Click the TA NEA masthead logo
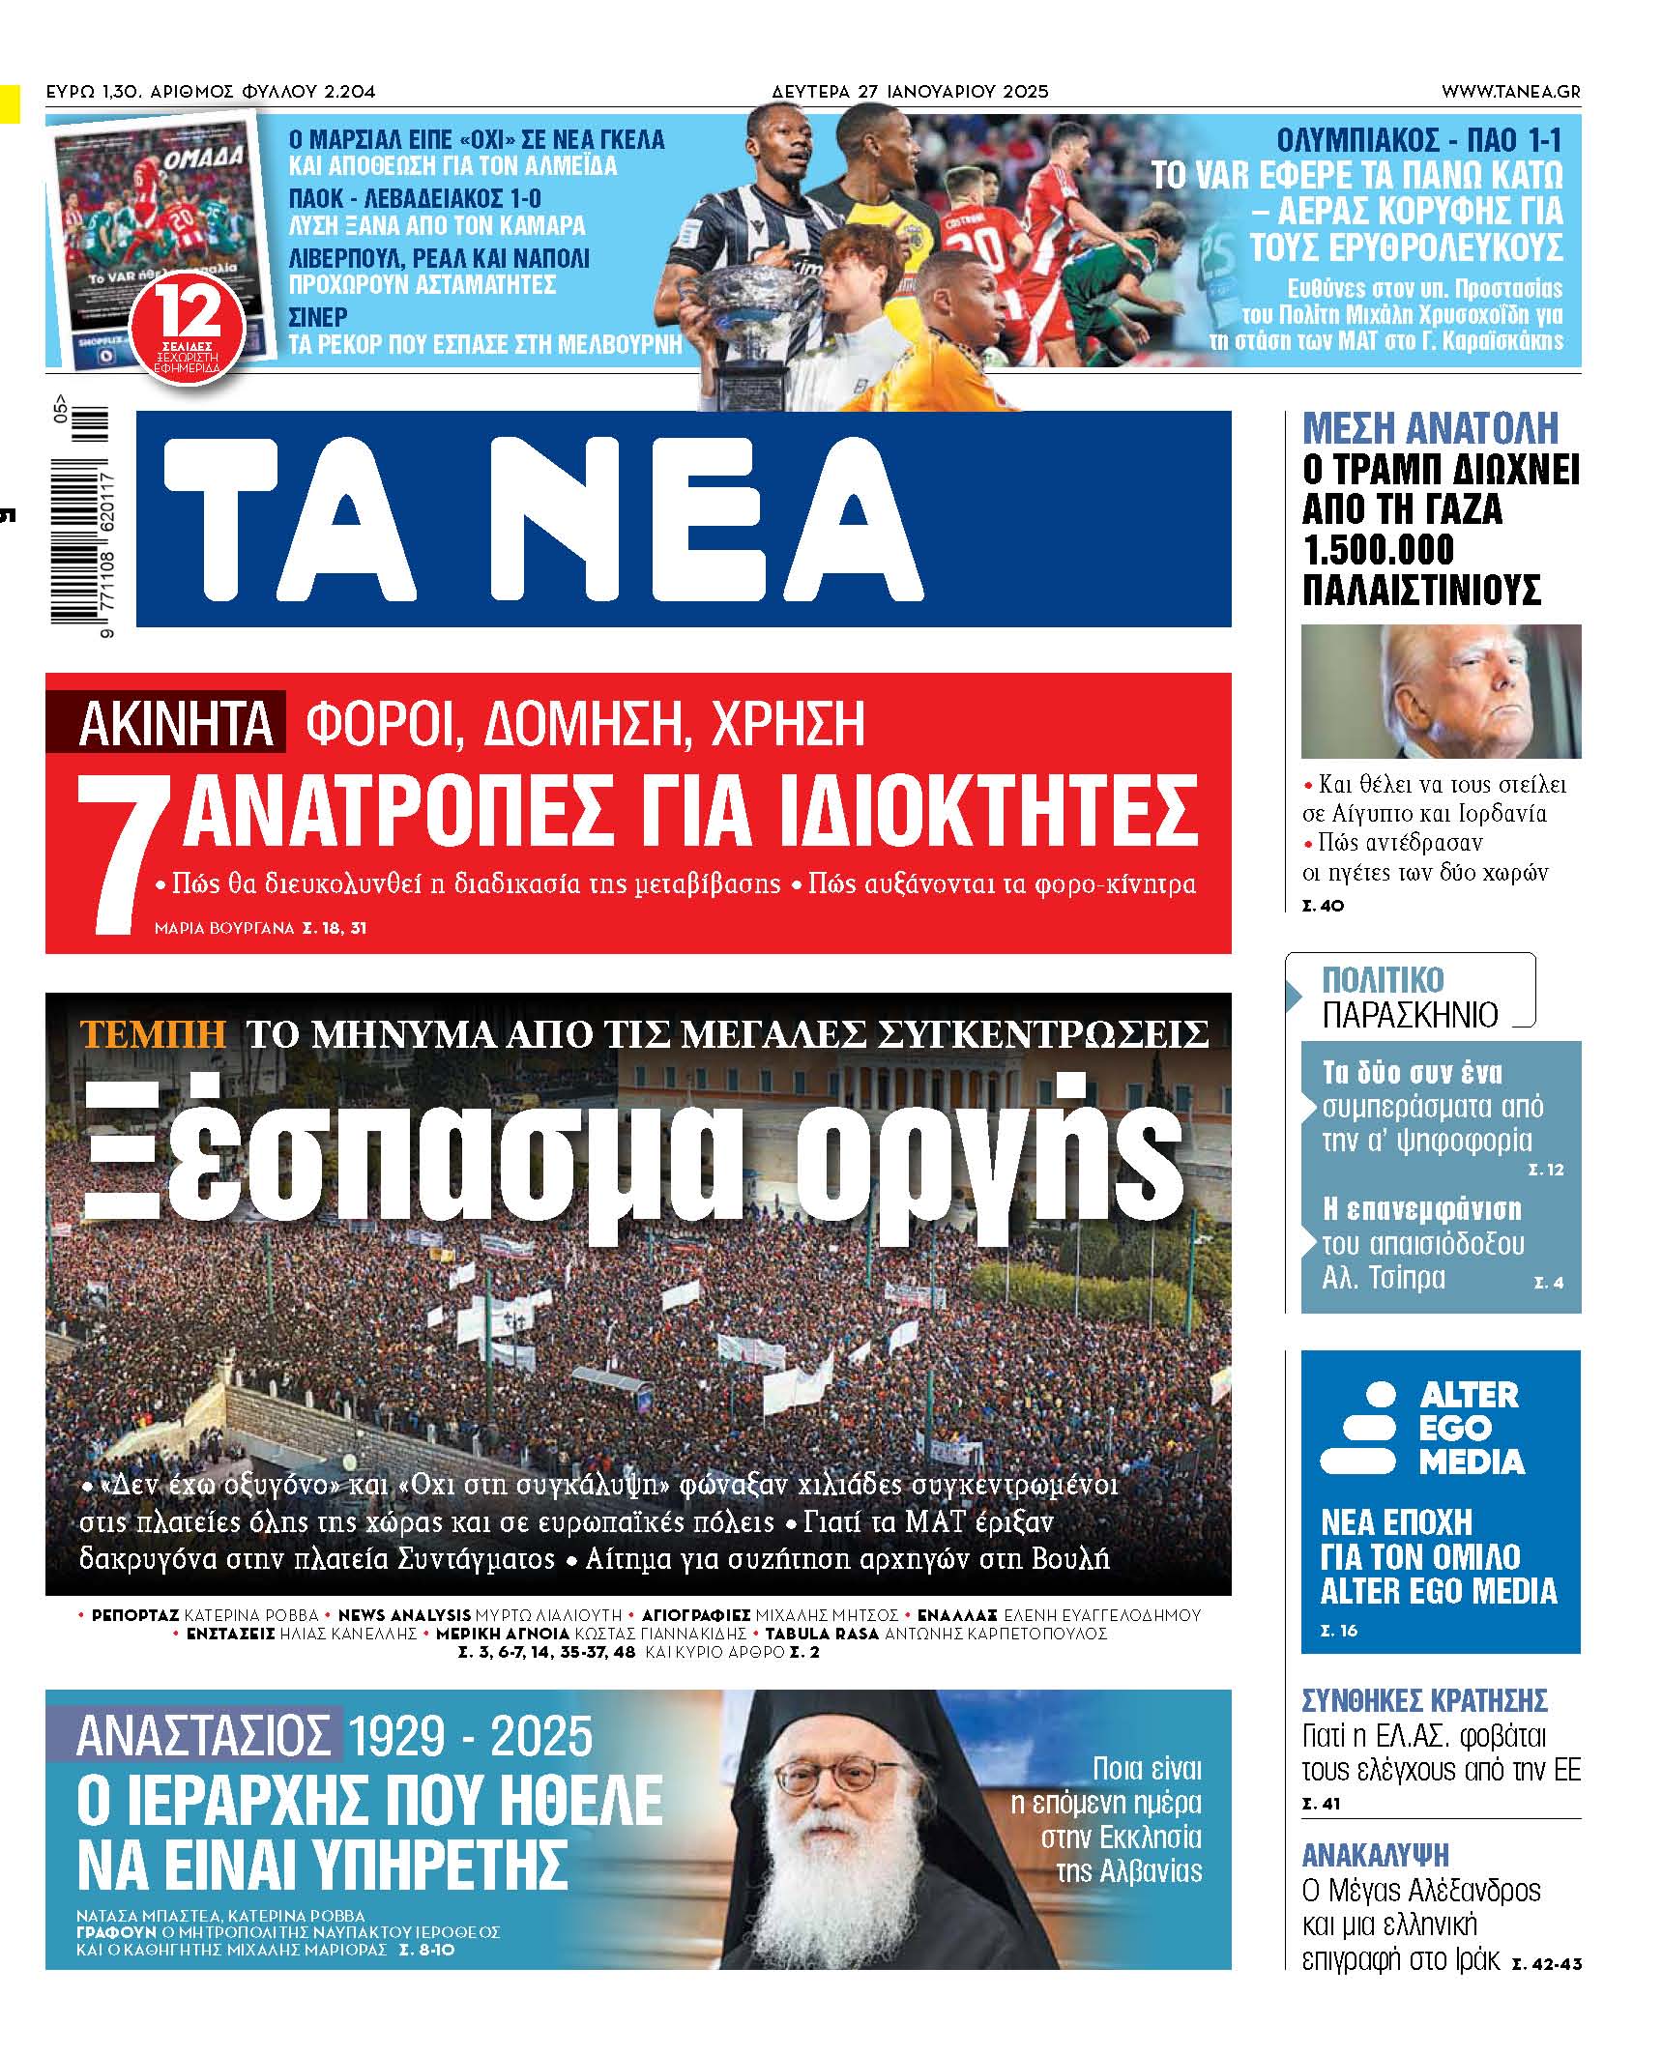(541, 520)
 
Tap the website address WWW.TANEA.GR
(1510, 92)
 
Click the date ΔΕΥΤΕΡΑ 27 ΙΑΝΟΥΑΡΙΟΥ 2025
(910, 92)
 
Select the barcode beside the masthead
(80, 517)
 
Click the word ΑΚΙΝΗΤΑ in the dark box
(175, 723)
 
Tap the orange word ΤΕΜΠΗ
(153, 1033)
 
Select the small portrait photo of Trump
(1440, 690)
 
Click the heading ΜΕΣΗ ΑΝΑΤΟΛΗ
(1430, 428)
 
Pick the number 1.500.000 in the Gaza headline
(1378, 550)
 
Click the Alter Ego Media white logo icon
(1358, 1427)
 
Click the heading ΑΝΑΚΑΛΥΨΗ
(1375, 1855)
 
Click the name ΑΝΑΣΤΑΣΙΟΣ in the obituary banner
(203, 1736)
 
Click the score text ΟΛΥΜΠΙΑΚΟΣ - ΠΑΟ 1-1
(1418, 139)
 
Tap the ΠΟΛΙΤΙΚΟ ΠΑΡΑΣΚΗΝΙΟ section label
(1410, 997)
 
